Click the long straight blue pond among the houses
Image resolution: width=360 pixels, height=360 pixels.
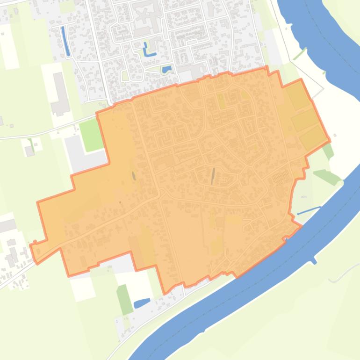tap(66, 41)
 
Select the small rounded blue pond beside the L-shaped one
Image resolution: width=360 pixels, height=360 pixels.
tap(166, 70)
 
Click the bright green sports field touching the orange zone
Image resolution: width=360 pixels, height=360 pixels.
tap(91, 135)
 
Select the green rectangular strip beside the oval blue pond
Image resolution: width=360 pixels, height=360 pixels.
tap(123, 299)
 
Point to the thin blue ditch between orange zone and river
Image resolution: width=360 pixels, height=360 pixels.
tap(309, 211)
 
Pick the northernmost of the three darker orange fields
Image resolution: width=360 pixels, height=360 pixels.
tap(297, 96)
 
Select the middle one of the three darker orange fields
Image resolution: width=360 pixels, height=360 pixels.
tap(304, 120)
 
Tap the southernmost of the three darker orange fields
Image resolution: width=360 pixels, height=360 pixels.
tap(312, 138)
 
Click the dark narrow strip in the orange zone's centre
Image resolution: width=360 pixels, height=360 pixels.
tap(213, 176)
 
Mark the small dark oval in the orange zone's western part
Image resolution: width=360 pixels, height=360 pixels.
tap(134, 176)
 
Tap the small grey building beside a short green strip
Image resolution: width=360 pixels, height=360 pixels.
tap(29, 151)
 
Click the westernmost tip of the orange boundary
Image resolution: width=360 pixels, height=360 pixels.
tap(30, 245)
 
